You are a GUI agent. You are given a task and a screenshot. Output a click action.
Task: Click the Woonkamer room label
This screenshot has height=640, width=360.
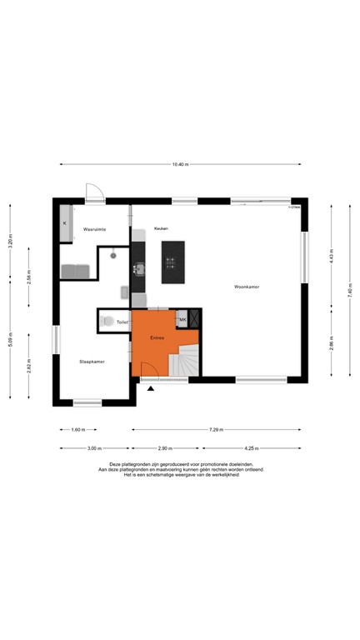pyautogui.click(x=247, y=287)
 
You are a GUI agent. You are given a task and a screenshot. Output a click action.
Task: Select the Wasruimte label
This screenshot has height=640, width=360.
pyautogui.click(x=93, y=227)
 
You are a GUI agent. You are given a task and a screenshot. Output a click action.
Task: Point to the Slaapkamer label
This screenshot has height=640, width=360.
pyautogui.click(x=91, y=362)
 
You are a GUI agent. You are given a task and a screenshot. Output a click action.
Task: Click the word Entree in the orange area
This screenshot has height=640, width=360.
pyautogui.click(x=157, y=337)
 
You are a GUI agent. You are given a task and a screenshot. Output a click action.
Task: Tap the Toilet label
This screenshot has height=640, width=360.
pyautogui.click(x=122, y=321)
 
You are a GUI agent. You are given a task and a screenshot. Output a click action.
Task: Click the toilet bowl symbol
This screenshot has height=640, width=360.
pyautogui.click(x=108, y=321)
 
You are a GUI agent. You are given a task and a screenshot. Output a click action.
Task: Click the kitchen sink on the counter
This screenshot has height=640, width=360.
pyautogui.click(x=139, y=268)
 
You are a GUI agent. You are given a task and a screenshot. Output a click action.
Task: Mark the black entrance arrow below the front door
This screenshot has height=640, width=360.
pyautogui.click(x=151, y=388)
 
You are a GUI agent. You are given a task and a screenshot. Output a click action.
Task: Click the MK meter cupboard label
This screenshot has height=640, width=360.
pyautogui.click(x=182, y=319)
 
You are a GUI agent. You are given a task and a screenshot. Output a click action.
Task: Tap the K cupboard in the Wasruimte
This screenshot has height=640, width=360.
pyautogui.click(x=65, y=223)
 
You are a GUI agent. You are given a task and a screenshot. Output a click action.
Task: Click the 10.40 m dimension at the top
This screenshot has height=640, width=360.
pyautogui.click(x=180, y=164)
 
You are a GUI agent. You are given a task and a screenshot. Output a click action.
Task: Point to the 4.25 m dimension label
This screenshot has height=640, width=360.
pyautogui.click(x=251, y=448)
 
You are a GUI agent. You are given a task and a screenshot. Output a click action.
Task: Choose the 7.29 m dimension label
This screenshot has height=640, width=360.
pyautogui.click(x=216, y=430)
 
